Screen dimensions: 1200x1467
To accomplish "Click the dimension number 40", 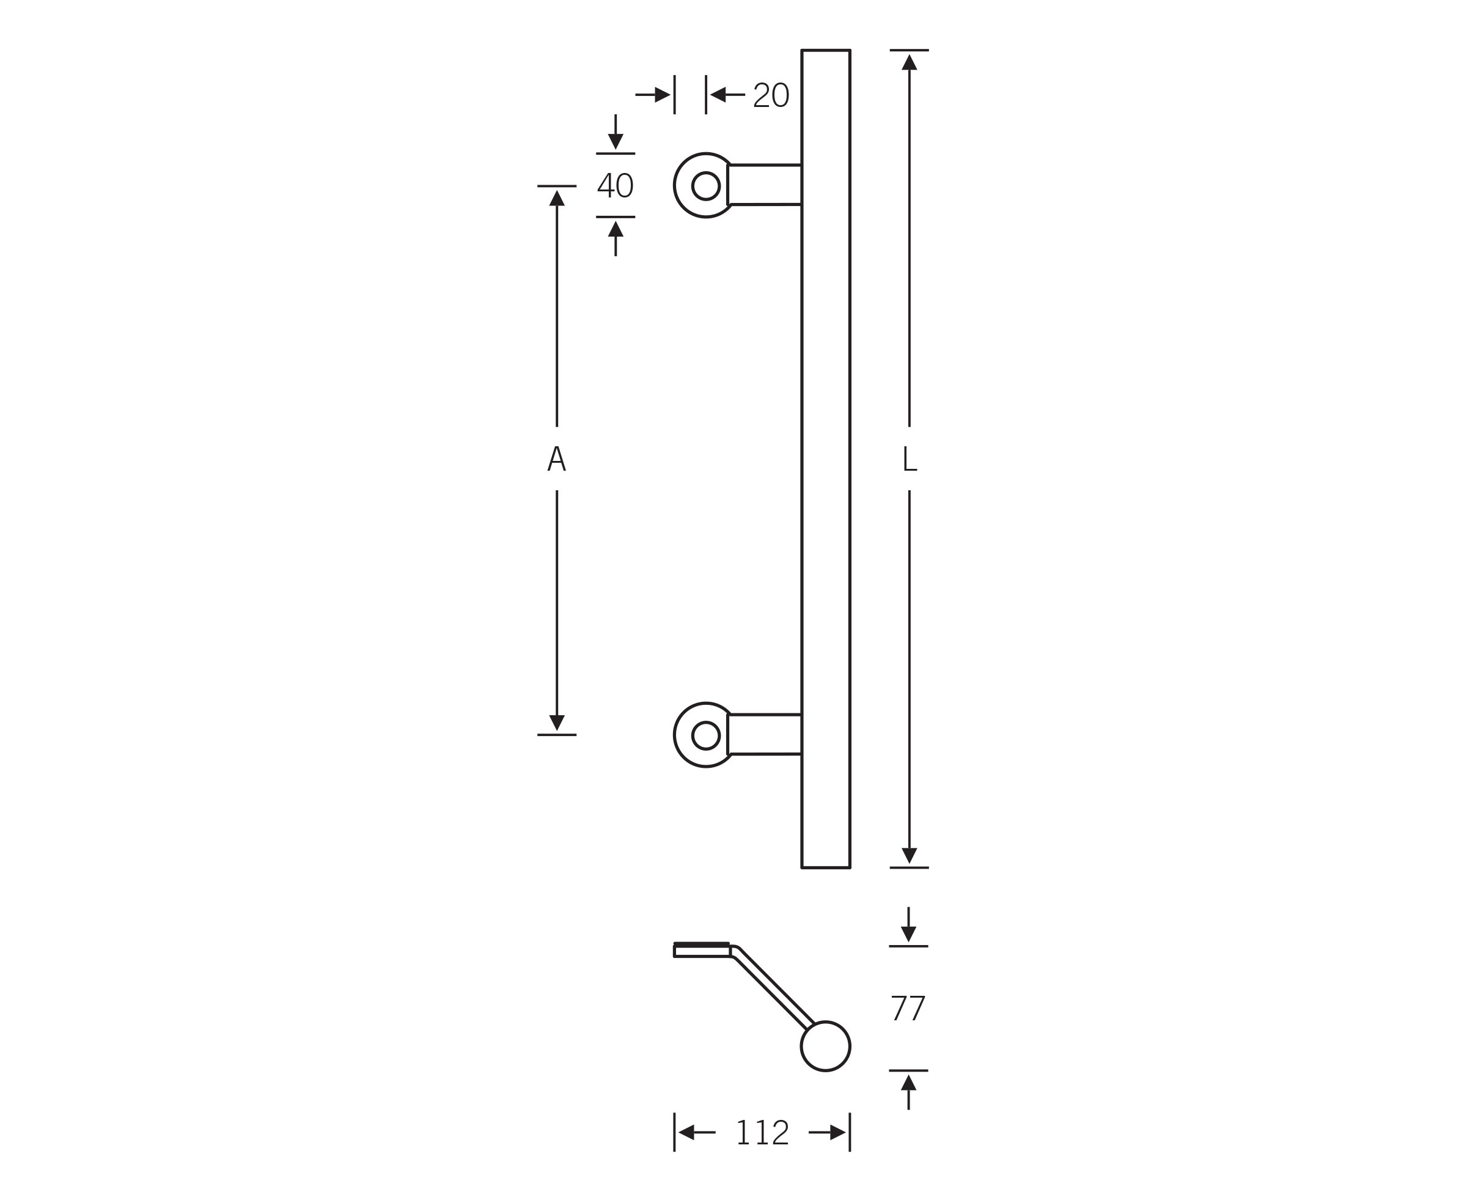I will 615,185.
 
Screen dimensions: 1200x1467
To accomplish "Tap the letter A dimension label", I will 556,458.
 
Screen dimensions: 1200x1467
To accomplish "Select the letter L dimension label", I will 909,458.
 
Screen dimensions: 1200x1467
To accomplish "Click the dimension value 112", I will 762,1132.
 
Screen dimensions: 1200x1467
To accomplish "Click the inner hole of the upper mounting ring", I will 705,185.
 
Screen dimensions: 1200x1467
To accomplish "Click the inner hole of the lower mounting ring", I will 705,735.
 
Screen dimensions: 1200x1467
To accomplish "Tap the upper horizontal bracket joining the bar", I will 764,185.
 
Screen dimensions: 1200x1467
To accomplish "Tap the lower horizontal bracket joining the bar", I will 764,734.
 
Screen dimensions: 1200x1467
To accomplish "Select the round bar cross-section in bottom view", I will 825,1046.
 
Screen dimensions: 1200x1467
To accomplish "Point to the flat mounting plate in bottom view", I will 701,951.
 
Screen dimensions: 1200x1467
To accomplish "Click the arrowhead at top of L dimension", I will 909,62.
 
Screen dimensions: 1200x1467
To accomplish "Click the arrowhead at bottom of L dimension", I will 909,855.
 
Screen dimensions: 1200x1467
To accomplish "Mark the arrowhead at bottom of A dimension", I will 556,723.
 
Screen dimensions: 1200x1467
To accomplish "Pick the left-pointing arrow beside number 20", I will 719,95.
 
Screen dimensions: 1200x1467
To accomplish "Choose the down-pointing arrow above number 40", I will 615,141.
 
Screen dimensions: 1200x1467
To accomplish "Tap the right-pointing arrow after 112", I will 837,1132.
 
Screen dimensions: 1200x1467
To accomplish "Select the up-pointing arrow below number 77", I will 908,1083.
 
